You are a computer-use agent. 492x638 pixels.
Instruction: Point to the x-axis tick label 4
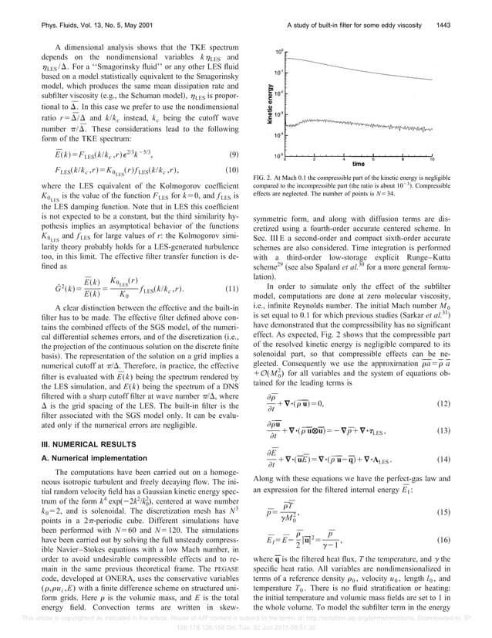[343, 159]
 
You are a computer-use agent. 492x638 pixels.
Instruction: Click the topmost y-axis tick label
[278, 50]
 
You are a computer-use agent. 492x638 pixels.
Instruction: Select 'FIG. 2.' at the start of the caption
[265, 178]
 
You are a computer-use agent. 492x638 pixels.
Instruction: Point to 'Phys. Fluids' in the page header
[57, 10]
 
